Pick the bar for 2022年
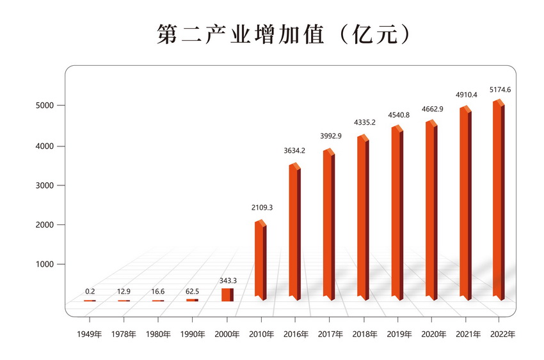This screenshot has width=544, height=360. click(498, 201)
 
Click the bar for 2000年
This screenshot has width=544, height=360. click(227, 294)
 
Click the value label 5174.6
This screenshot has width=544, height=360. click(500, 90)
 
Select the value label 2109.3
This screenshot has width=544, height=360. click(261, 208)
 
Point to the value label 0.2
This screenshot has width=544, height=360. click(90, 292)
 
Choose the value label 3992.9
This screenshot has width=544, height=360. click(330, 136)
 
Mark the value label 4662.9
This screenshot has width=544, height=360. click(432, 109)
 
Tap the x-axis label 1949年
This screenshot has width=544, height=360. click(90, 334)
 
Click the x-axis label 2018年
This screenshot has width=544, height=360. click(364, 334)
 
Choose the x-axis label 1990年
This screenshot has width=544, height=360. click(193, 334)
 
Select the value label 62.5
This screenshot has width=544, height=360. click(193, 292)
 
